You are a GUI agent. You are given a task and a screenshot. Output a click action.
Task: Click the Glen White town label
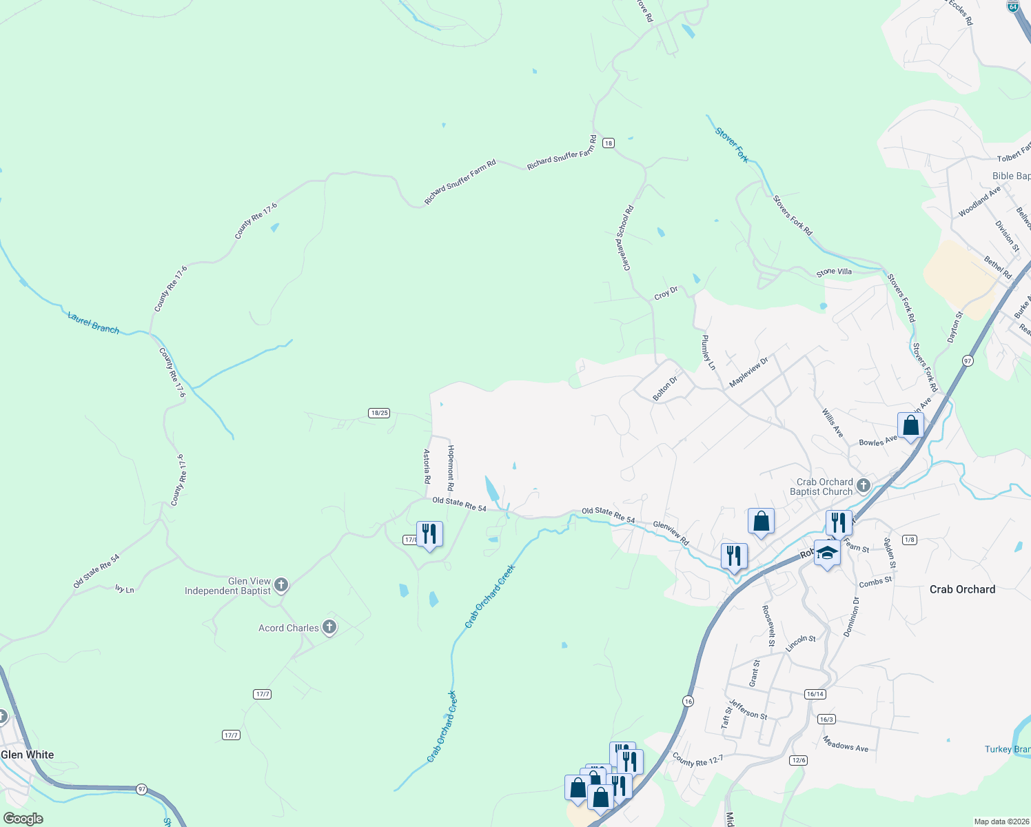[x=28, y=755]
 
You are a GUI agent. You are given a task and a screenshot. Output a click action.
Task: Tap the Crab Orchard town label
[x=962, y=589]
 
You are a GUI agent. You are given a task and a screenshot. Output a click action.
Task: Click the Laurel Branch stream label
[x=94, y=323]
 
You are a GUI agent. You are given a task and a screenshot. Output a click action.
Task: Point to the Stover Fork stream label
[x=732, y=145]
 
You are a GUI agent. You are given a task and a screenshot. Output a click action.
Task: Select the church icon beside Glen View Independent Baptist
[x=280, y=586]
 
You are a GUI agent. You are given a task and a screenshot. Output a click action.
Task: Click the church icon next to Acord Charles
[x=329, y=628]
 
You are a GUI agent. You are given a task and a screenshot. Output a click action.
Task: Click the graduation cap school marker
[x=827, y=553]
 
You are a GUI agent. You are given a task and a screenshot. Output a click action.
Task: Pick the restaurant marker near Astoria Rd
[x=429, y=534]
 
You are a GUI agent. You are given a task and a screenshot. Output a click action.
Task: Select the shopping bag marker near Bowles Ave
[x=910, y=425]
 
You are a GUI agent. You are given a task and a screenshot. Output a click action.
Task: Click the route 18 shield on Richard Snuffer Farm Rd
[x=608, y=143]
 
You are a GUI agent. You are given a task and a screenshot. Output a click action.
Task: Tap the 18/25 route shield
[x=379, y=413]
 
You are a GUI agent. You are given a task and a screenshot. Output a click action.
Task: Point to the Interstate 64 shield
[x=1012, y=6]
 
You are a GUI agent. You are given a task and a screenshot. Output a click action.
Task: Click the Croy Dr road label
[x=666, y=294]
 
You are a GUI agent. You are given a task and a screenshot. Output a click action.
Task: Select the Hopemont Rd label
[x=451, y=467]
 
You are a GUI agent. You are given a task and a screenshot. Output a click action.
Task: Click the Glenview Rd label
[x=671, y=533]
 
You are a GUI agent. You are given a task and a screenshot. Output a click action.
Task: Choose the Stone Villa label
[x=834, y=272]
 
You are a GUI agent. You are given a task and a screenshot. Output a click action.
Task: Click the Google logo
[x=23, y=819]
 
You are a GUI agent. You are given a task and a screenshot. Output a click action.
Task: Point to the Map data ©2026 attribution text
[x=1001, y=821]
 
